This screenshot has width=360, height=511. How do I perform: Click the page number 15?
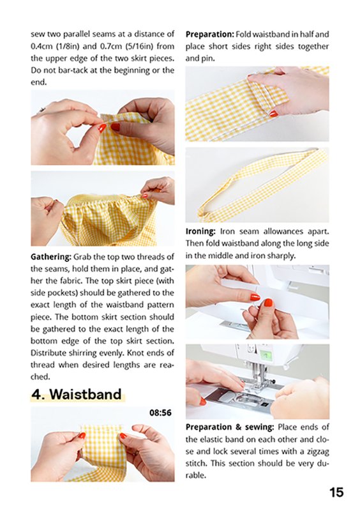tap(336, 492)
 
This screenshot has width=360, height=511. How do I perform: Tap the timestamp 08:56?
tap(160, 413)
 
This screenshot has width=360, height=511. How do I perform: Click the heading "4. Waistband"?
tap(77, 394)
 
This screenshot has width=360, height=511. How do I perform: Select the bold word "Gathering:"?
tap(51, 257)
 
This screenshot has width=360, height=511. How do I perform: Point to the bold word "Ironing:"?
tap(200, 231)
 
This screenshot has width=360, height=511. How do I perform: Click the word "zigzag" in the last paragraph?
tap(317, 452)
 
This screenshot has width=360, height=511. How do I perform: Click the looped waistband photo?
tap(257, 185)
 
